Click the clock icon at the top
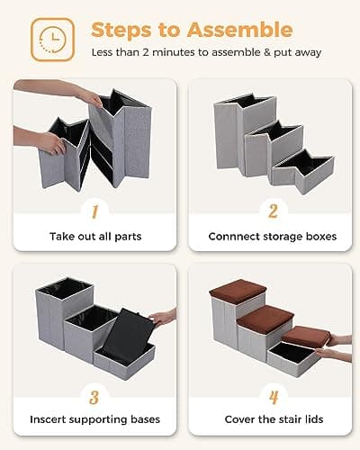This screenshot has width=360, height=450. coord(52,40)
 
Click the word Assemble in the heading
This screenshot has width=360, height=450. coord(240,30)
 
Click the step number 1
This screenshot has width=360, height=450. coord(94,211)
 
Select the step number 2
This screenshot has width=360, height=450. coord(273,211)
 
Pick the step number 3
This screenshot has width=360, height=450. coord(94,398)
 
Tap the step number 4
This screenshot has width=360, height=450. coord(274,398)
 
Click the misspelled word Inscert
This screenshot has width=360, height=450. coord(48,419)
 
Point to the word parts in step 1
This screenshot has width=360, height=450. coord(128,237)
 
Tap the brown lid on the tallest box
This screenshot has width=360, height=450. coord(238,291)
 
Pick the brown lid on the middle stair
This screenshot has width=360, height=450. coord(265,319)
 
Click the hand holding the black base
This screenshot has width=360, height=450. coord(163,318)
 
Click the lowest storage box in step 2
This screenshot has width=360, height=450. coord(303,171)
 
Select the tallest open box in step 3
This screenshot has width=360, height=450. coord(65,312)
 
